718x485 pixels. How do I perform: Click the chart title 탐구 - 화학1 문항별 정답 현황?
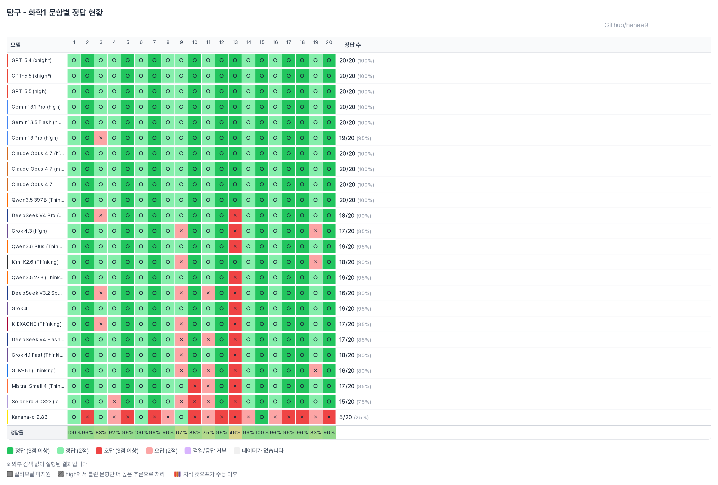click(55, 12)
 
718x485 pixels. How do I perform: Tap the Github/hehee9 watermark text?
click(626, 25)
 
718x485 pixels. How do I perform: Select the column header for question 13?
click(235, 42)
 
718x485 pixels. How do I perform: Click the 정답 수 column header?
click(352, 45)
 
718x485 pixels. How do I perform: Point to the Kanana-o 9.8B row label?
click(30, 417)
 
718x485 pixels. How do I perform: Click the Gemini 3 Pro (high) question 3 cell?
click(101, 138)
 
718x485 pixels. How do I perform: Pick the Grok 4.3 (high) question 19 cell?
click(315, 231)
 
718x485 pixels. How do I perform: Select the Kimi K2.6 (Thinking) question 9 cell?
click(181, 262)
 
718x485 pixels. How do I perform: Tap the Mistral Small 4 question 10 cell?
click(195, 386)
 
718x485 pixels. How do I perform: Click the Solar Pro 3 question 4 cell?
click(114, 402)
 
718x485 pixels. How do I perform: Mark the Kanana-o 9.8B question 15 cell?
click(262, 417)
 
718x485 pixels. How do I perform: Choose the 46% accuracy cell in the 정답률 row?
click(235, 433)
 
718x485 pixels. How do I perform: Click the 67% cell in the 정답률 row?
click(181, 433)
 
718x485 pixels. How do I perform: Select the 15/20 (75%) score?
click(355, 402)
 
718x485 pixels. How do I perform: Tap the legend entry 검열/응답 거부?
click(206, 451)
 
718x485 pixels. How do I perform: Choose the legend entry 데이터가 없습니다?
click(259, 451)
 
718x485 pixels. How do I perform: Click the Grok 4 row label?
click(20, 309)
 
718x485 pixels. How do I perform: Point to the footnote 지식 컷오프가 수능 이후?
click(206, 474)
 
